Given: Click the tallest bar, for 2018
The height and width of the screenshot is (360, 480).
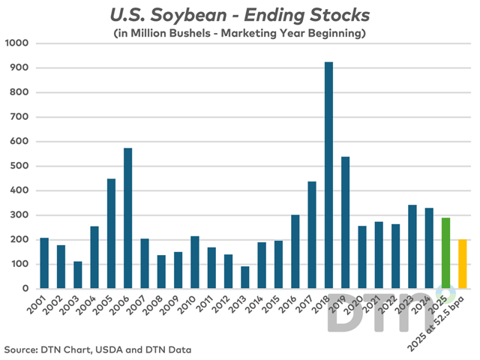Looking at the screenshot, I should [328, 175].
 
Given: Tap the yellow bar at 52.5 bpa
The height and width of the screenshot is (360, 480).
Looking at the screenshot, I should [462, 264].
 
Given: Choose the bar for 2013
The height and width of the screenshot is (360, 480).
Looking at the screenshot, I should [244, 277].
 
